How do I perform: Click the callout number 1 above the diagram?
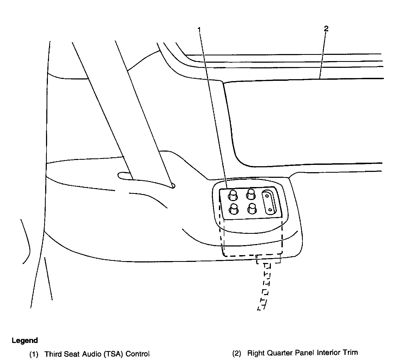[199, 29]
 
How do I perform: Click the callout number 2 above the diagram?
[326, 29]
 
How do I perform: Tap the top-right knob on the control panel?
[251, 194]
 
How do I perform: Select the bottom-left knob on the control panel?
[234, 209]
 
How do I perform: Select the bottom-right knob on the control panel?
[252, 208]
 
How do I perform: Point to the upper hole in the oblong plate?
[267, 195]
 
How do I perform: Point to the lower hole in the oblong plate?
[270, 209]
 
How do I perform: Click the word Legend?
[25, 341]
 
